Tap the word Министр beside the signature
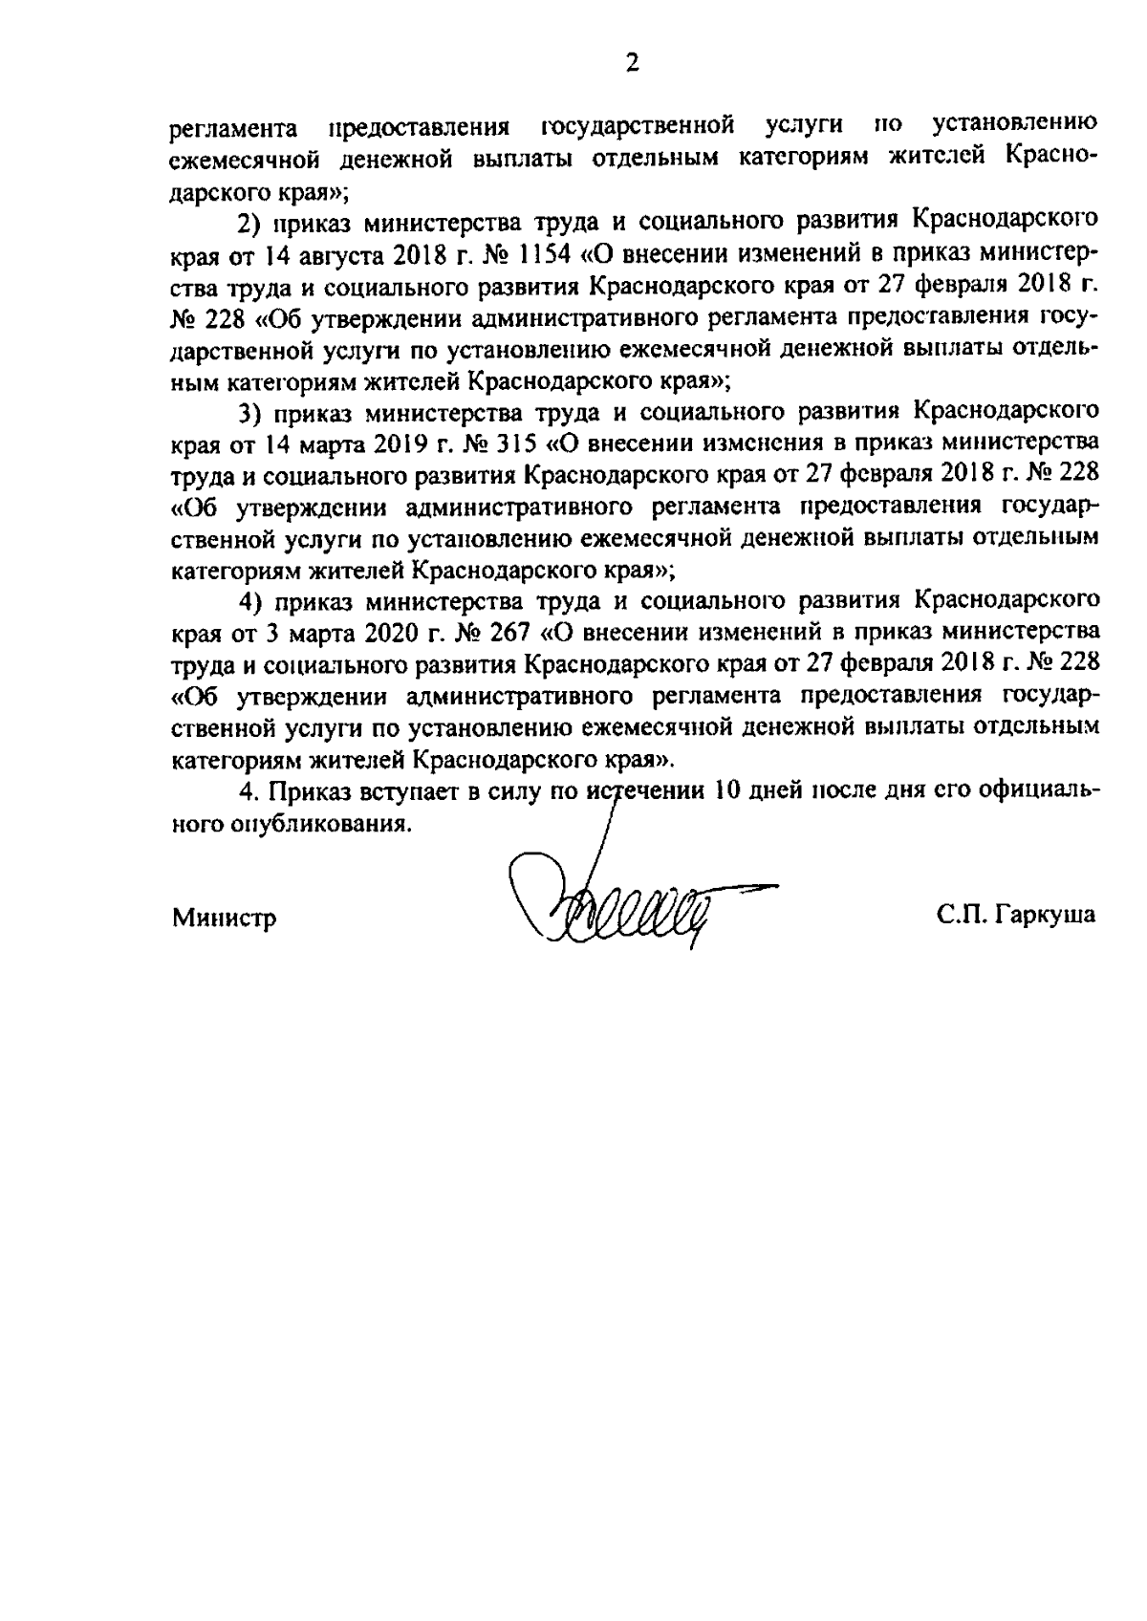(225, 919)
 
